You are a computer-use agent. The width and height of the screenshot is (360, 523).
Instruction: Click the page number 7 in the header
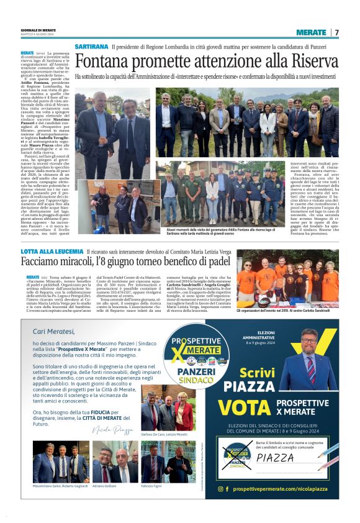(x=337, y=32)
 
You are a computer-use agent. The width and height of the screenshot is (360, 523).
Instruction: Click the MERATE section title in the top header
(x=311, y=32)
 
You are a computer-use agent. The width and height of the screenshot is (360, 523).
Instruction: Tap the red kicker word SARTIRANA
(x=91, y=47)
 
